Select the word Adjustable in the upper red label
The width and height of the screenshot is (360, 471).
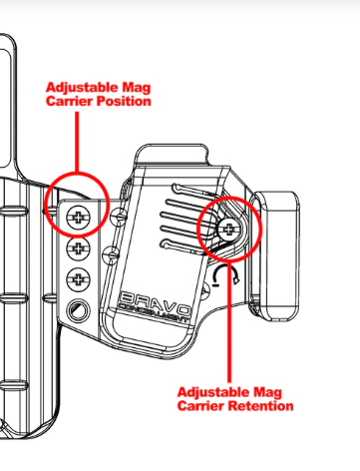coord(82,88)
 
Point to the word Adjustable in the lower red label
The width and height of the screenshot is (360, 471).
coord(213,392)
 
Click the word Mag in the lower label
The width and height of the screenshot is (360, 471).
coord(267,393)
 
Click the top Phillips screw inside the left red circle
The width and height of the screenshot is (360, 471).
coord(78,219)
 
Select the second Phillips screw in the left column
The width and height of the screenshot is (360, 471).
coord(78,248)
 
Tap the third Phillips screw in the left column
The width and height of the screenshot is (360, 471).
coord(78,279)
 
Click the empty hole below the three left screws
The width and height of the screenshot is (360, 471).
coord(78,310)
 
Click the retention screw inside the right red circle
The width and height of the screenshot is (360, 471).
coord(228,229)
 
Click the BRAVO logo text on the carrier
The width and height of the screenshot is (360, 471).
coord(156,301)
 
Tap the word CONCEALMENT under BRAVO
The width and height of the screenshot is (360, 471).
coord(154,313)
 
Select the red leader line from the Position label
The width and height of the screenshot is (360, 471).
coord(77,143)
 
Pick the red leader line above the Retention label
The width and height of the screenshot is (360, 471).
coord(229,322)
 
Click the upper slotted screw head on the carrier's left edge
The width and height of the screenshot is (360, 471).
coord(119,217)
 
